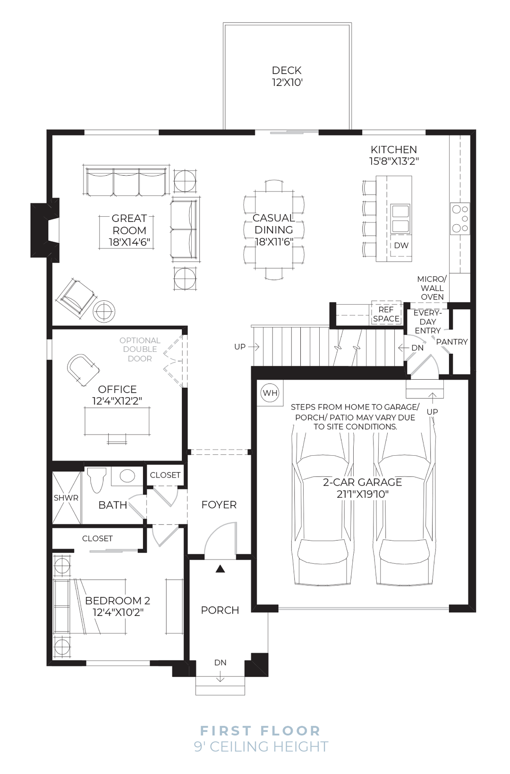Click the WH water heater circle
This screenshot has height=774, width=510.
[270, 393]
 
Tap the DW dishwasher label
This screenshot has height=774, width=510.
[401, 246]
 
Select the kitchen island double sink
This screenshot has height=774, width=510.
[400, 219]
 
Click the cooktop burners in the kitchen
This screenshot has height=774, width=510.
[460, 219]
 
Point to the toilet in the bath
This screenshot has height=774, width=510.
[96, 480]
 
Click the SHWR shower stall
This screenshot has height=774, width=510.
[67, 498]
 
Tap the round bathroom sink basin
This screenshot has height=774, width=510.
[127, 476]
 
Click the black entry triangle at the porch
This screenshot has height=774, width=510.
[220, 569]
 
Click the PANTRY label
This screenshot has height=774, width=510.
[451, 342]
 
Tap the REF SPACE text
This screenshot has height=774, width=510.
[386, 314]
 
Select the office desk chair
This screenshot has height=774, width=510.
[83, 369]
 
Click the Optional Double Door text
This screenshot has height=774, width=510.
[140, 349]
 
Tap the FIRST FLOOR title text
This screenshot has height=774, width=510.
[261, 731]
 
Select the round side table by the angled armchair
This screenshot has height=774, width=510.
[104, 312]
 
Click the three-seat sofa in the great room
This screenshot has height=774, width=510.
[126, 182]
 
